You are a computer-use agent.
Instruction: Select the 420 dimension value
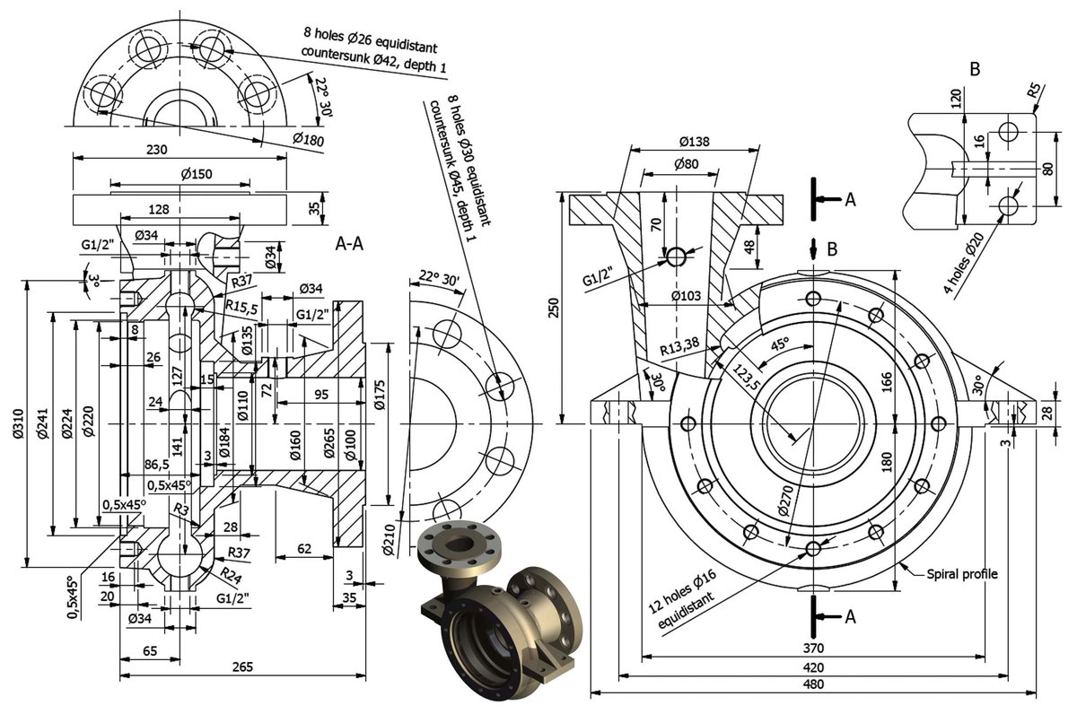(x=814, y=666)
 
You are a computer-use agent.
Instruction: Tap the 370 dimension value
(x=814, y=647)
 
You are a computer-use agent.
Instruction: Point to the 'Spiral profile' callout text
(x=961, y=573)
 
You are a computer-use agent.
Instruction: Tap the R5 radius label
(x=1034, y=91)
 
